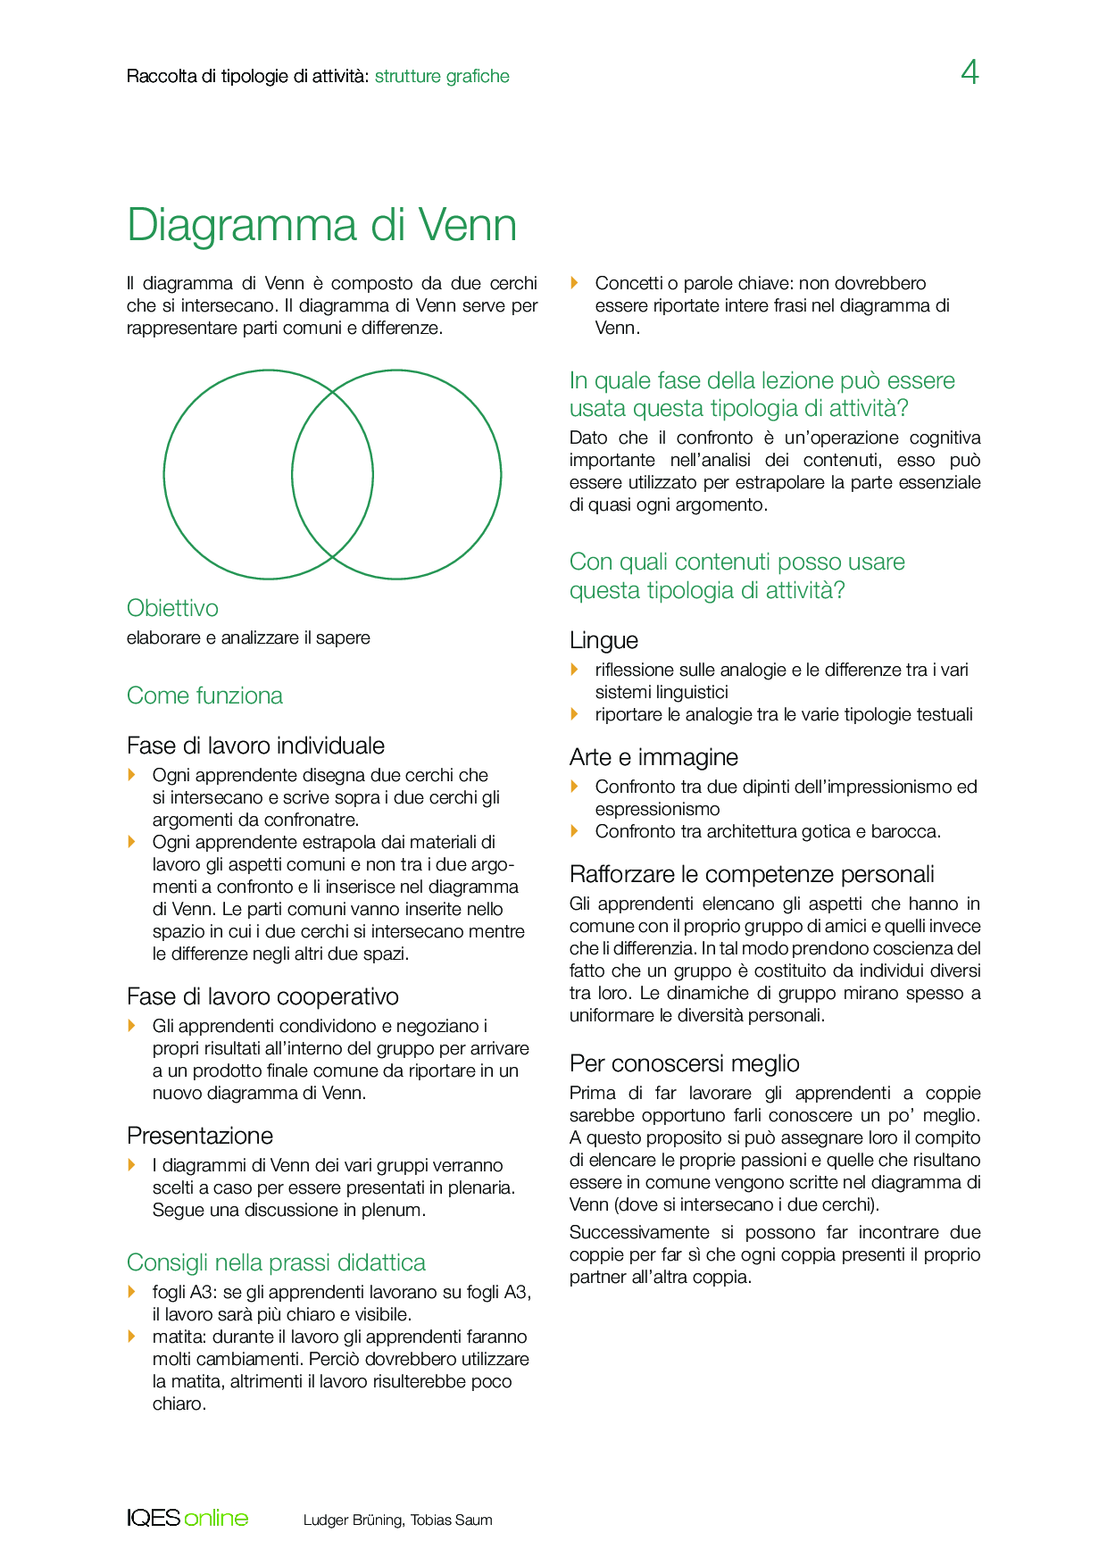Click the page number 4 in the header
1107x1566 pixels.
(970, 72)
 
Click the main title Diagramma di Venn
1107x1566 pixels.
(321, 225)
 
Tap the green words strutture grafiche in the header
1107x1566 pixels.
(442, 77)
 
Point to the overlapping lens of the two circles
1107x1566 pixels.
(332, 474)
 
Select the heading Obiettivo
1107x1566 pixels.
(172, 608)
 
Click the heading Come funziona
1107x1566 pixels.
(204, 696)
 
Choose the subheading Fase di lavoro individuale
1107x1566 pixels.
(255, 746)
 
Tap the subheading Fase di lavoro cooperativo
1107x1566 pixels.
(262, 996)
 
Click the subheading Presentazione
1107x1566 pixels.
(200, 1136)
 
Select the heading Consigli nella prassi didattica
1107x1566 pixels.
(276, 1262)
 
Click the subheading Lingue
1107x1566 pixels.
(603, 640)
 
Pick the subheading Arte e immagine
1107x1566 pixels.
(653, 757)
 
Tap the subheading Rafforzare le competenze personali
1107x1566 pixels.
(752, 874)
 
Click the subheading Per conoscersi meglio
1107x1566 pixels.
(684, 1063)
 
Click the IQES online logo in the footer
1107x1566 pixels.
(187, 1518)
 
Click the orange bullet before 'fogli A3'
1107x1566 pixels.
(132, 1292)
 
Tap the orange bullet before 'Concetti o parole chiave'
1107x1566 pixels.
(575, 283)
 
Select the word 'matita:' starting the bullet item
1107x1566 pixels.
(175, 1337)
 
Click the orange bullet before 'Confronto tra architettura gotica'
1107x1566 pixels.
(575, 831)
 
